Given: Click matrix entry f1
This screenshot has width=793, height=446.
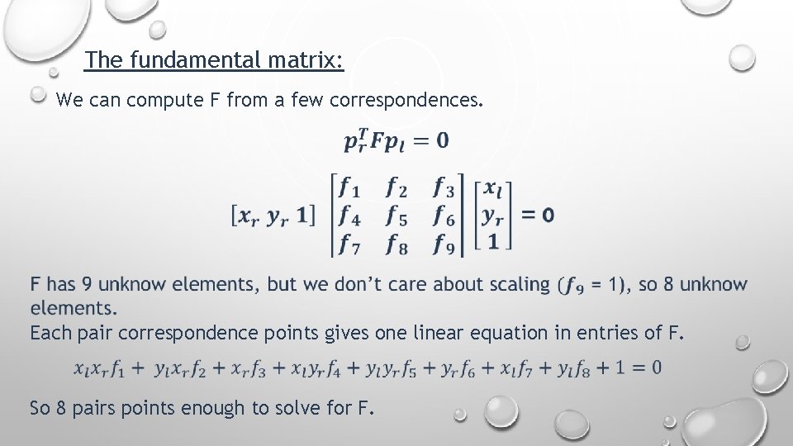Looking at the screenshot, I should click(x=355, y=187).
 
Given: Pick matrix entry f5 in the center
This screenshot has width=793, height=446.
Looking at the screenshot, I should click(x=397, y=216).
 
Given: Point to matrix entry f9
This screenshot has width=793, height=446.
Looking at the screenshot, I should click(x=444, y=244).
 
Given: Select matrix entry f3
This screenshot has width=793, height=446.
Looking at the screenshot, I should click(x=444, y=187).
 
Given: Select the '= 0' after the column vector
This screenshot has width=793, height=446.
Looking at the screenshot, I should click(x=538, y=216).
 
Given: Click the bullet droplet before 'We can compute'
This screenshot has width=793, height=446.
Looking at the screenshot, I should click(x=38, y=95).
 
